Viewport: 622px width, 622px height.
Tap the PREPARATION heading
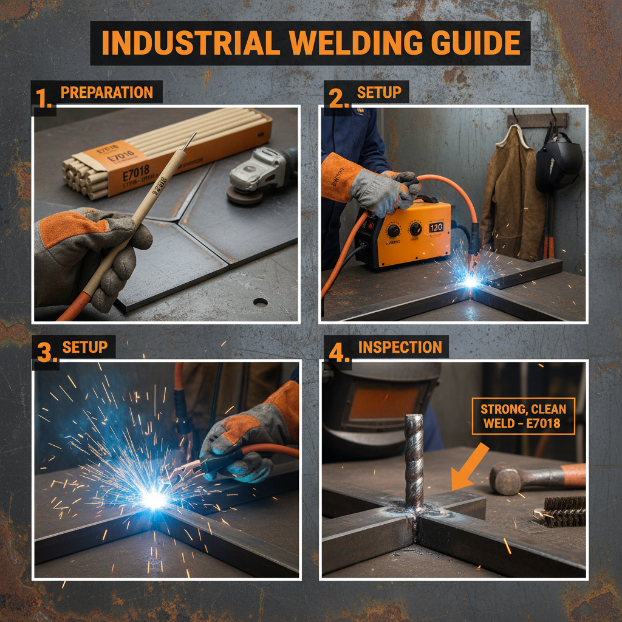(106, 93)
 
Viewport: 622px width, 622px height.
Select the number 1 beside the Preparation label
(43, 98)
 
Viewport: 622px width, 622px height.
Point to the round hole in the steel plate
(260, 302)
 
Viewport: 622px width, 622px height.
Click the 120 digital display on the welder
(436, 227)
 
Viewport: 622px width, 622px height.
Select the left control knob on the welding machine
(393, 230)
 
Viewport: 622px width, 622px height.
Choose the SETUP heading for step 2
(378, 93)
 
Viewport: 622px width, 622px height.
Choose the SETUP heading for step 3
(84, 347)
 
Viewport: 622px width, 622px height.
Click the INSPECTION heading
(400, 347)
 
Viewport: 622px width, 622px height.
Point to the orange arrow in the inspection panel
(470, 466)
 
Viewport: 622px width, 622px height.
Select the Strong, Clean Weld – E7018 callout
(523, 415)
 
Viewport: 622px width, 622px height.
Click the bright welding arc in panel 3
(154, 498)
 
